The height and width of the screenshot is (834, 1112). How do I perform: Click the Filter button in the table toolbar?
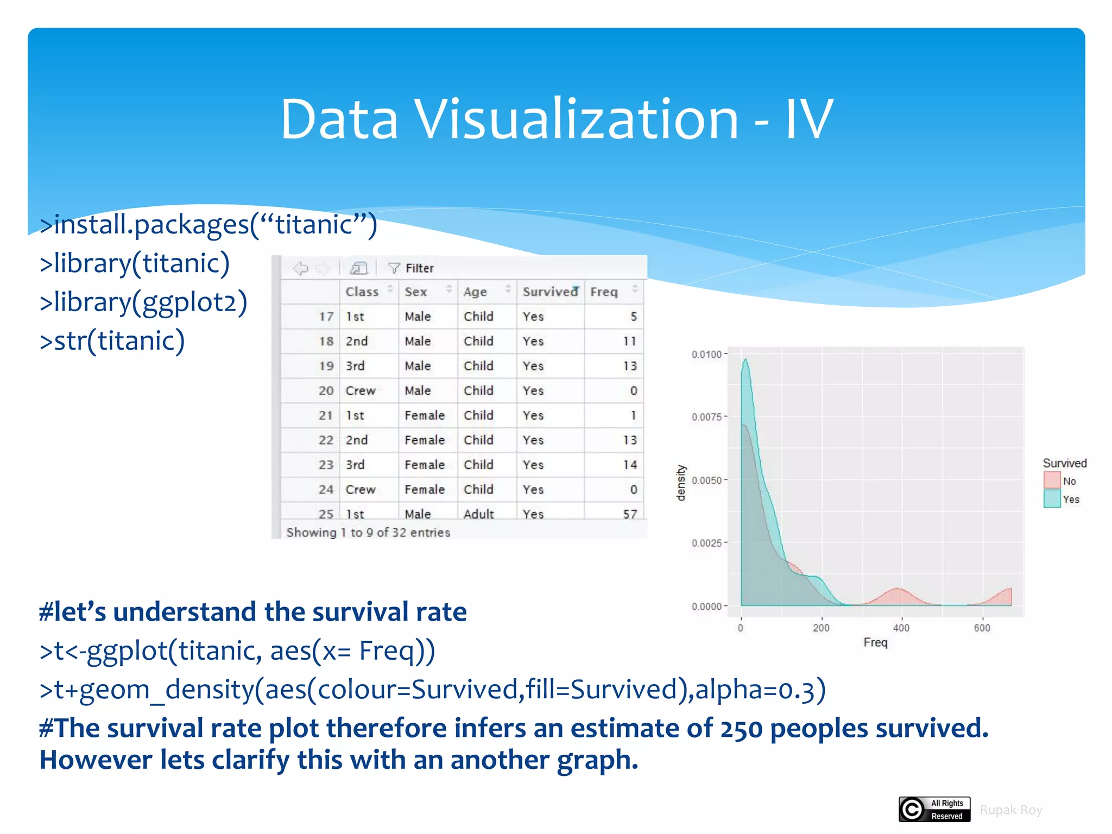(411, 268)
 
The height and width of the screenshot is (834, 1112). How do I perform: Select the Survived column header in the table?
(549, 292)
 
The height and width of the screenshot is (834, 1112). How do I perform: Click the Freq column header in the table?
(604, 292)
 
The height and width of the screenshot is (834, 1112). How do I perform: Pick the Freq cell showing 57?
(630, 514)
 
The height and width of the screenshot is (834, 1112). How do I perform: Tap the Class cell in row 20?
(361, 391)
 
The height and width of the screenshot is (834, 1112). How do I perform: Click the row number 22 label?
(326, 440)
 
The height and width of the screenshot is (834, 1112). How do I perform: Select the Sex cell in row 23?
(424, 465)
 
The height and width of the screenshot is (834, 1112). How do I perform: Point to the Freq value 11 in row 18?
(629, 342)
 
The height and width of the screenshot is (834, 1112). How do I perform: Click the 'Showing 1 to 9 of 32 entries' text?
(368, 533)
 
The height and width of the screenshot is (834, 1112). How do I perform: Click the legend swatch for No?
(1052, 480)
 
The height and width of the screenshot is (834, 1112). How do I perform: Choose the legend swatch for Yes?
(1052, 498)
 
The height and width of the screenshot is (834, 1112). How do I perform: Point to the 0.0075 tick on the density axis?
(706, 417)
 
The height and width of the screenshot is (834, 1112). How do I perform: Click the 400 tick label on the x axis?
(901, 628)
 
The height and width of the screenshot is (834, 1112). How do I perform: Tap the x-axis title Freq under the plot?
(875, 643)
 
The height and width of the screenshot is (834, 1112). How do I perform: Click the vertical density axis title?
(681, 482)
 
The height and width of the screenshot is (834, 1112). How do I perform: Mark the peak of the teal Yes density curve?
(745, 360)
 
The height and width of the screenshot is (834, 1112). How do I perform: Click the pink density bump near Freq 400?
(898, 595)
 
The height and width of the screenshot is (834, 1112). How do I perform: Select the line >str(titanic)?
(112, 341)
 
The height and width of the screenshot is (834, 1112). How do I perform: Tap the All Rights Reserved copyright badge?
(934, 810)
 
